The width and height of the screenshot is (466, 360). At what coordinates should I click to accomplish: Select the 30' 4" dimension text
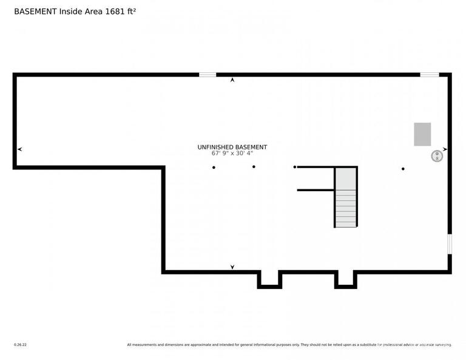(243, 153)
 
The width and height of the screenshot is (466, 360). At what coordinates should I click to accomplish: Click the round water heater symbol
(436, 156)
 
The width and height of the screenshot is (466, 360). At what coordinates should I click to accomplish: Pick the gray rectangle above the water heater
(422, 134)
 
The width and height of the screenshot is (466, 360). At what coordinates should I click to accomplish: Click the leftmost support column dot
(214, 168)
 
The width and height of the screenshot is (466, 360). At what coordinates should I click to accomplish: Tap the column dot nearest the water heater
(403, 169)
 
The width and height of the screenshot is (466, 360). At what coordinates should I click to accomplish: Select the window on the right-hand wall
(450, 244)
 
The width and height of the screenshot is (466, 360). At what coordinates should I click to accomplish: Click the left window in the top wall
(208, 75)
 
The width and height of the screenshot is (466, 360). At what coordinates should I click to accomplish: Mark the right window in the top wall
(430, 75)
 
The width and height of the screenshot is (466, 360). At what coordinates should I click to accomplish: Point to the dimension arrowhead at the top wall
(232, 80)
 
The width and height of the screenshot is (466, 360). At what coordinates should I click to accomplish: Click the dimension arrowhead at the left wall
(20, 149)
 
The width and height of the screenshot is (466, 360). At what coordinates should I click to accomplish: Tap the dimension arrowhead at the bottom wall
(232, 267)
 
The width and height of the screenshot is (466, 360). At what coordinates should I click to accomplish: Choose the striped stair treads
(346, 208)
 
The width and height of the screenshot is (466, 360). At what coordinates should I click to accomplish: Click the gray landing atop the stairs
(346, 178)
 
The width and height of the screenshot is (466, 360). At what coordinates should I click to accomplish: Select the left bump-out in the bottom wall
(269, 280)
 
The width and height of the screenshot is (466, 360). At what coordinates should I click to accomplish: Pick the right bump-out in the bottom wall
(346, 280)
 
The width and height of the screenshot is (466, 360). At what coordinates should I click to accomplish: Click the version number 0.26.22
(20, 345)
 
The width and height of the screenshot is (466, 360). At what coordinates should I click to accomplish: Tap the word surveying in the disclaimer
(441, 345)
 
